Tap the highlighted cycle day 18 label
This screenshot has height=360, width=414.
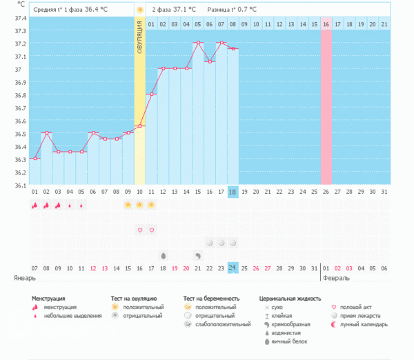233,192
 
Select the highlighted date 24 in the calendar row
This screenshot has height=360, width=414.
233,268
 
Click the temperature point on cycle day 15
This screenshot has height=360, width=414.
198,43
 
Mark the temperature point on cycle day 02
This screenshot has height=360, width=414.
46,132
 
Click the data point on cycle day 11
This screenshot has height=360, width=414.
151,94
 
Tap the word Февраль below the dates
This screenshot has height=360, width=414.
336,278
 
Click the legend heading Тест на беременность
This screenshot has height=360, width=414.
212,298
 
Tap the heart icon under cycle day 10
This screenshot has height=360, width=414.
139,230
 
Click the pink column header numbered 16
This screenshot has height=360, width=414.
326,25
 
